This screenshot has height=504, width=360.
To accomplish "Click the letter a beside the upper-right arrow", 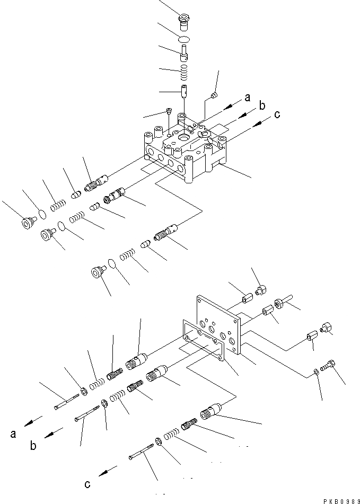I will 248,98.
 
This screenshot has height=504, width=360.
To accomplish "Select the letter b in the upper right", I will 261,106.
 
